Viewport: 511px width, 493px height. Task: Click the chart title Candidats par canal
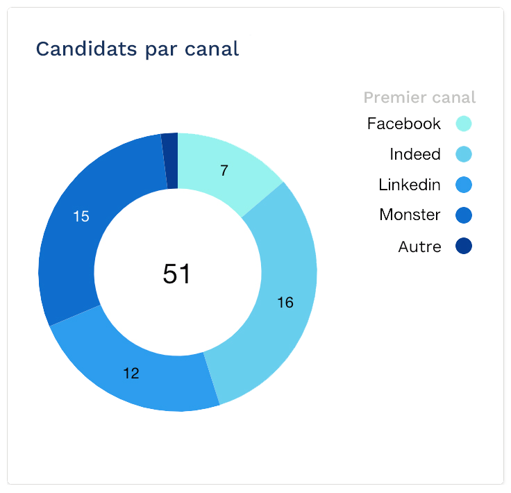click(137, 49)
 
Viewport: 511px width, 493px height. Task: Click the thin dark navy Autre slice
click(170, 160)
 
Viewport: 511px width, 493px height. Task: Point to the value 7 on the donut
click(224, 171)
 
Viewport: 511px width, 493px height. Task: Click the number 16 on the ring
click(285, 303)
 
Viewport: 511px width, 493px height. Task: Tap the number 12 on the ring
click(131, 374)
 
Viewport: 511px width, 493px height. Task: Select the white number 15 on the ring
click(81, 217)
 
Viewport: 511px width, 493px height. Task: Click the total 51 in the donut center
click(176, 274)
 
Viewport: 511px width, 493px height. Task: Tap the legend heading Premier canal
click(419, 97)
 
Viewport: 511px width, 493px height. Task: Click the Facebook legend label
click(404, 124)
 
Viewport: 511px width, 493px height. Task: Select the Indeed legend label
click(415, 154)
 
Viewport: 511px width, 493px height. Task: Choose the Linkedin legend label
click(410, 185)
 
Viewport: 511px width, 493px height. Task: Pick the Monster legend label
click(410, 215)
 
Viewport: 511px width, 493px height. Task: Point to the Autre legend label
click(419, 246)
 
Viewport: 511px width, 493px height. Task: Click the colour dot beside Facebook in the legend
click(464, 124)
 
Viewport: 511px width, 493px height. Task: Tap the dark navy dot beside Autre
click(464, 246)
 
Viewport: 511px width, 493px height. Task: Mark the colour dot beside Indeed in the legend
click(464, 154)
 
